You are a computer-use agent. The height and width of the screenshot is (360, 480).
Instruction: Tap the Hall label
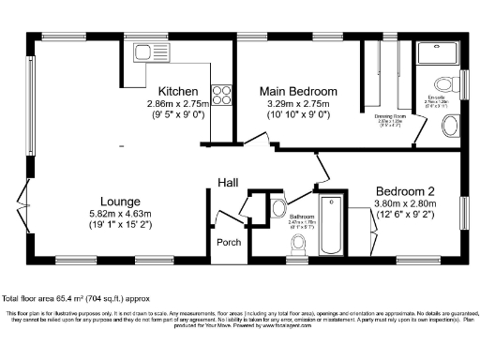pyautogui.click(x=229, y=182)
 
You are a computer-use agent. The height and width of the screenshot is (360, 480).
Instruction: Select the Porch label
pyautogui.click(x=229, y=242)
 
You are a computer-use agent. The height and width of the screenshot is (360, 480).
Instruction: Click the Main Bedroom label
pyautogui.click(x=297, y=91)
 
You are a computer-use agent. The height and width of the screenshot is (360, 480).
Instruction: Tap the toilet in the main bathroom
pyautogui.click(x=299, y=245)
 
